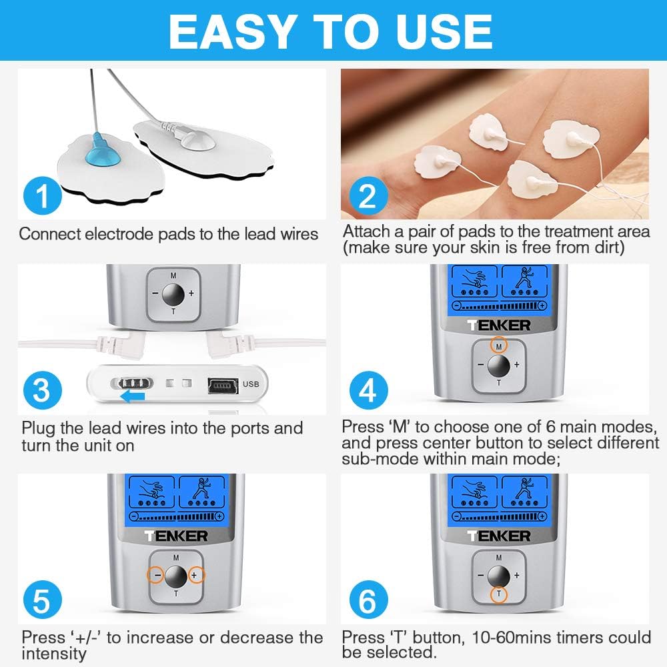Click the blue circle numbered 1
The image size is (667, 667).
point(42,197)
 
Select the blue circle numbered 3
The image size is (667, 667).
point(42,390)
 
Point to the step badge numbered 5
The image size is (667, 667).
point(42,600)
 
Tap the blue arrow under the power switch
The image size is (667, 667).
point(131,396)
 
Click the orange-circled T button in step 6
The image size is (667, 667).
point(496,594)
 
